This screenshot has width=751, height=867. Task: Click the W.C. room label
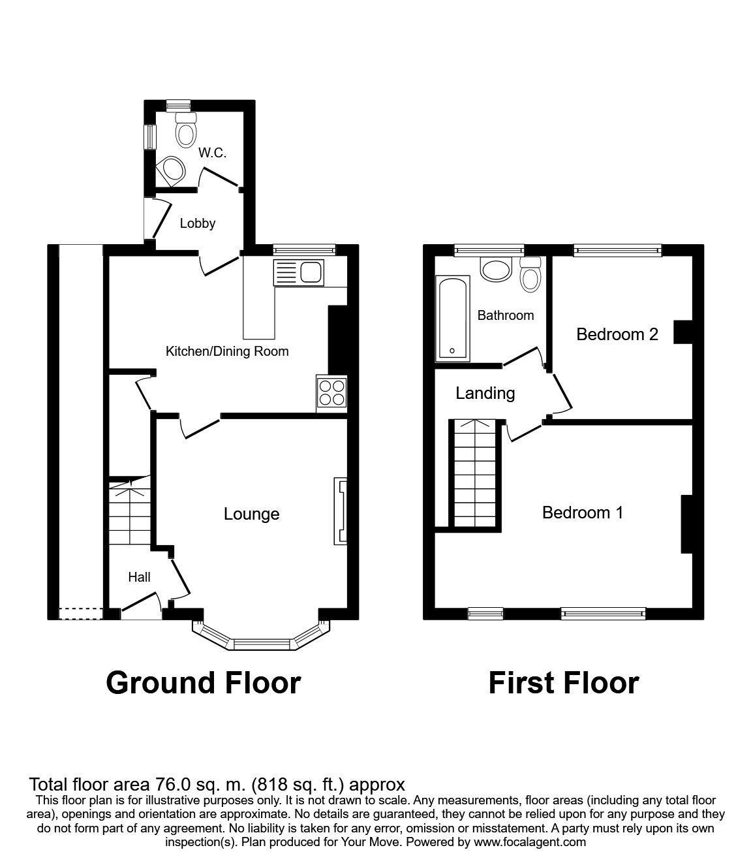[212, 153]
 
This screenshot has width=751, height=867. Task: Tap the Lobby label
[197, 223]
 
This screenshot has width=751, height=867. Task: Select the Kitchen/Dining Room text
[227, 351]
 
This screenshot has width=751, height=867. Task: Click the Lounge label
[251, 514]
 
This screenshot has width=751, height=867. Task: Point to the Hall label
[139, 577]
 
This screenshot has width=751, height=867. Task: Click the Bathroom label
[505, 315]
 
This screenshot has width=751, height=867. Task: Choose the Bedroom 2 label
[617, 335]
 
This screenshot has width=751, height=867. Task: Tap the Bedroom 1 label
[582, 513]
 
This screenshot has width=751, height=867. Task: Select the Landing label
[485, 394]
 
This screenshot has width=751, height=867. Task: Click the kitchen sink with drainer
[299, 272]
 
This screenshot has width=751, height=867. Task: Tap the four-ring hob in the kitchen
[331, 392]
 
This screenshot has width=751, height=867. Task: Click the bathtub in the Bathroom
[452, 319]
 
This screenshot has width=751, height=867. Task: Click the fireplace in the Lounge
[340, 511]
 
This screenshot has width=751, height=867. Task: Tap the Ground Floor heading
[203, 683]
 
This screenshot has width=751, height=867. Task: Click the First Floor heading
[563, 683]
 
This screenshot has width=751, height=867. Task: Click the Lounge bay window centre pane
[261, 645]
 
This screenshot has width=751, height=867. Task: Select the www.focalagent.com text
[530, 842]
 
